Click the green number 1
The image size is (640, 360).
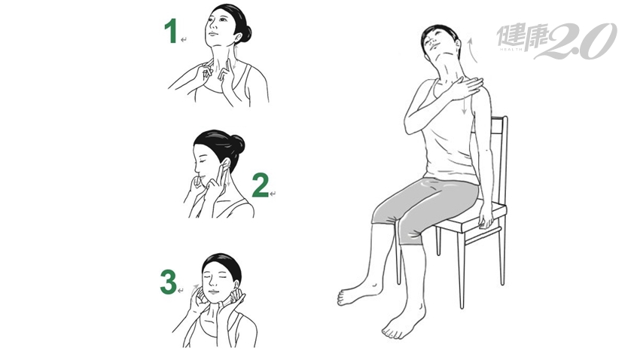(171, 31)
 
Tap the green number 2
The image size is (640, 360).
(260, 185)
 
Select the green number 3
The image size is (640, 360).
(168, 282)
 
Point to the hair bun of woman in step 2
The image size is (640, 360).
(237, 144)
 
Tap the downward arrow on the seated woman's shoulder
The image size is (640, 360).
(465, 105)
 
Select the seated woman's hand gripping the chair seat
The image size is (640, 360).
(486, 215)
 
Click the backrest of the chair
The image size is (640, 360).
(498, 159)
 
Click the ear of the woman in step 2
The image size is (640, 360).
(226, 164)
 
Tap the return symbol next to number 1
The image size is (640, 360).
(184, 40)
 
